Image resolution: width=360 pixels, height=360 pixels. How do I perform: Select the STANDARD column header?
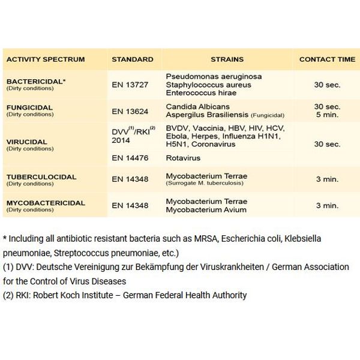pos(133,60)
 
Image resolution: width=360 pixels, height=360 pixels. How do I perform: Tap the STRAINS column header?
pos(227,60)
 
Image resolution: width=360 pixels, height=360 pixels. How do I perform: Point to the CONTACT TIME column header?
pos(327,60)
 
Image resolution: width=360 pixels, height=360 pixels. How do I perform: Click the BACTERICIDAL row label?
pos(36,81)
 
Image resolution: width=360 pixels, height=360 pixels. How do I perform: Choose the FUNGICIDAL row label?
pos(29,107)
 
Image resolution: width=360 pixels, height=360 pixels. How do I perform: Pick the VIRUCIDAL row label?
pos(26,142)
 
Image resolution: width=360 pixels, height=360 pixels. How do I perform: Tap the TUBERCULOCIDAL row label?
pos(41,177)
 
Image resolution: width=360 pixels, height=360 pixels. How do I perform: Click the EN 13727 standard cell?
pos(130,85)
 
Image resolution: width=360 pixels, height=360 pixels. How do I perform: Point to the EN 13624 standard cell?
pos(130,111)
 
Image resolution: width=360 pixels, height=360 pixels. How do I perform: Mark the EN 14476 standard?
pos(130,158)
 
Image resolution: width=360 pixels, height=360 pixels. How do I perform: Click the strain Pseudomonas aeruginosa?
pos(214,77)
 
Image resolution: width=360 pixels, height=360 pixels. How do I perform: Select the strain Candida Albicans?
pos(196,106)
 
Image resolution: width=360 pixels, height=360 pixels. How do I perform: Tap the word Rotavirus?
pos(183,158)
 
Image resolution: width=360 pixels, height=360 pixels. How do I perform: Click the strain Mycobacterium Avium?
pos(206,209)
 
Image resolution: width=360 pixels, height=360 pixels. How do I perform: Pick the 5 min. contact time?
pos(327,115)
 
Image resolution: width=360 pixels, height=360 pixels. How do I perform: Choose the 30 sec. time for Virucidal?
pos(327,144)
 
